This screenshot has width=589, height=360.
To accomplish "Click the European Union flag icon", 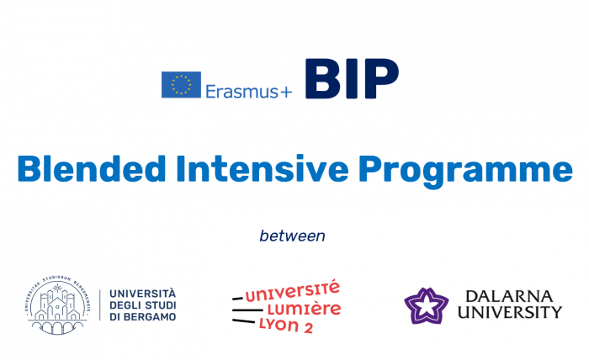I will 181,84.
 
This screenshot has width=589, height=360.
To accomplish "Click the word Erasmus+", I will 248,90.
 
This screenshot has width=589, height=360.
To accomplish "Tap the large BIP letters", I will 351,81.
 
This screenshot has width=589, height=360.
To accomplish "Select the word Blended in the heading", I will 94,170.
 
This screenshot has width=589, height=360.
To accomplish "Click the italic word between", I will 292,236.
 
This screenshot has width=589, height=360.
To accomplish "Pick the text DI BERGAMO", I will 143,317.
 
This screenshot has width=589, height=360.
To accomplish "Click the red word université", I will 291,291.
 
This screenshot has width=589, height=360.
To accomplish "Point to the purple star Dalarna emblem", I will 426,305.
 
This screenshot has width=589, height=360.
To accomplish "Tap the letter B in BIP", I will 323,81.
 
